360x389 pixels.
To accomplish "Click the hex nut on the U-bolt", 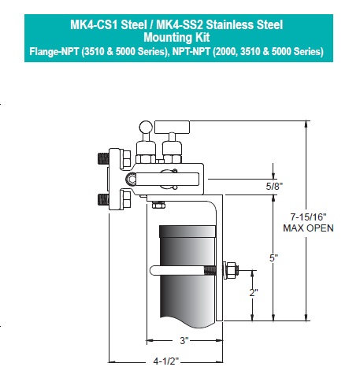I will click(232, 271).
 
